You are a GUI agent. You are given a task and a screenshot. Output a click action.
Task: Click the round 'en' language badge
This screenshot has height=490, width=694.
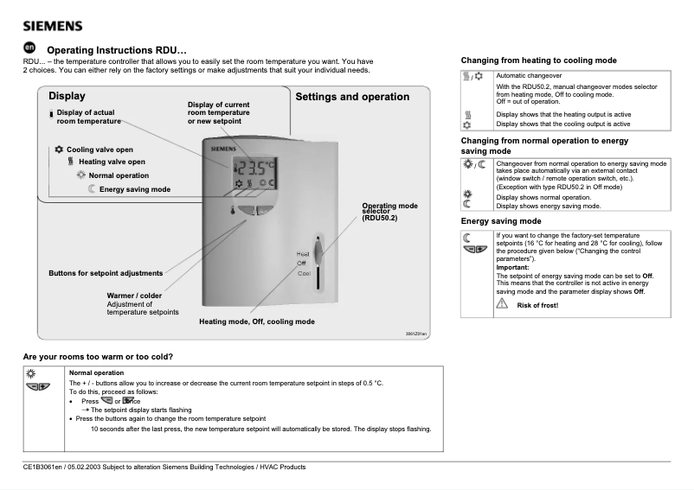(x=29, y=48)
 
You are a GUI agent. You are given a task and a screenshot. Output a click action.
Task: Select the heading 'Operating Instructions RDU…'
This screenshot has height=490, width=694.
(x=116, y=50)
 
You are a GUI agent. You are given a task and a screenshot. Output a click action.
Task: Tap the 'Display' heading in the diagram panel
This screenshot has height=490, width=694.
(x=67, y=96)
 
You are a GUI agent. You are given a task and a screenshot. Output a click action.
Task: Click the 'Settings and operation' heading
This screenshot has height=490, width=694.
(x=352, y=97)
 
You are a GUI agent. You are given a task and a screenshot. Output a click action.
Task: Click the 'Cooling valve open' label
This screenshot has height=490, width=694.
(x=99, y=150)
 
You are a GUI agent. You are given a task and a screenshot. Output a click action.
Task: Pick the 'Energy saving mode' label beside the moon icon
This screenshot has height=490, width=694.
(x=134, y=189)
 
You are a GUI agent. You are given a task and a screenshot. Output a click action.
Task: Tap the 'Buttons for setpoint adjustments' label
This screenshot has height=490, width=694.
(x=105, y=274)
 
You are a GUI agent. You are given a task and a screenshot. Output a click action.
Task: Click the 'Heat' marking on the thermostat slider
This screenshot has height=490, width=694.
(x=303, y=253)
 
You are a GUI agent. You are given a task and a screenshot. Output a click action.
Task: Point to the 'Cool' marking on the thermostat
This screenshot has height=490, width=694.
(x=304, y=273)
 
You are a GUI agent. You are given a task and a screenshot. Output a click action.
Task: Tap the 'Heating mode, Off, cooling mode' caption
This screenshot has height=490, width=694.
(x=256, y=321)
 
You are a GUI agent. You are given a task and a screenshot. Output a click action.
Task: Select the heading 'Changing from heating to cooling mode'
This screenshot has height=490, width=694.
(x=538, y=61)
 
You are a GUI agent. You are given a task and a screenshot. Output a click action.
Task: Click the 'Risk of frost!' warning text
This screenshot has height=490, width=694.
(x=537, y=306)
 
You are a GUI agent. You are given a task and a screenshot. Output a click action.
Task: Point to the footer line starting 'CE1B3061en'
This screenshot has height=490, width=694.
(x=164, y=468)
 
